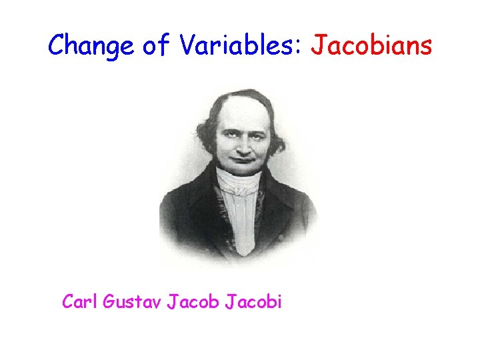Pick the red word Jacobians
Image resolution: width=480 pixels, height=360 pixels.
[373, 45]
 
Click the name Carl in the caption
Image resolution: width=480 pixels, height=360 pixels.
[79, 302]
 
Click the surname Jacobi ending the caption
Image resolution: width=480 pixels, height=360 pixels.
[254, 302]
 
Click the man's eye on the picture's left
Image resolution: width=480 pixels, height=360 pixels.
[228, 133]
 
